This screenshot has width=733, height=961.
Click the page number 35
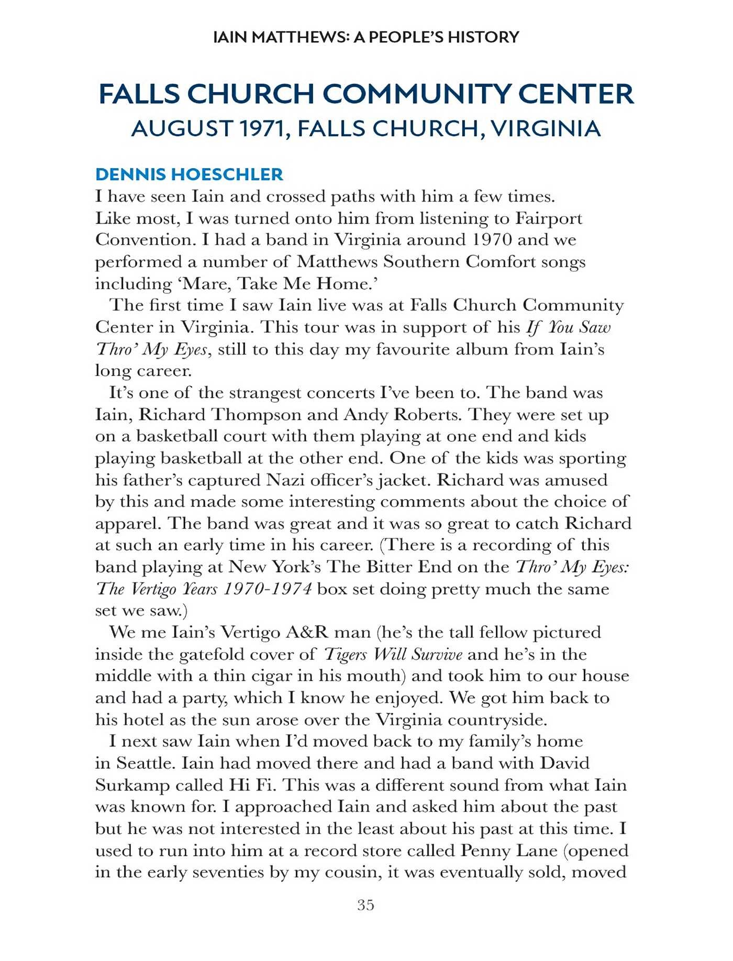click(365, 904)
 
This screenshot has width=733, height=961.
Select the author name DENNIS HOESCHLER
click(189, 174)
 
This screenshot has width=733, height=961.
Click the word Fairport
click(548, 218)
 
